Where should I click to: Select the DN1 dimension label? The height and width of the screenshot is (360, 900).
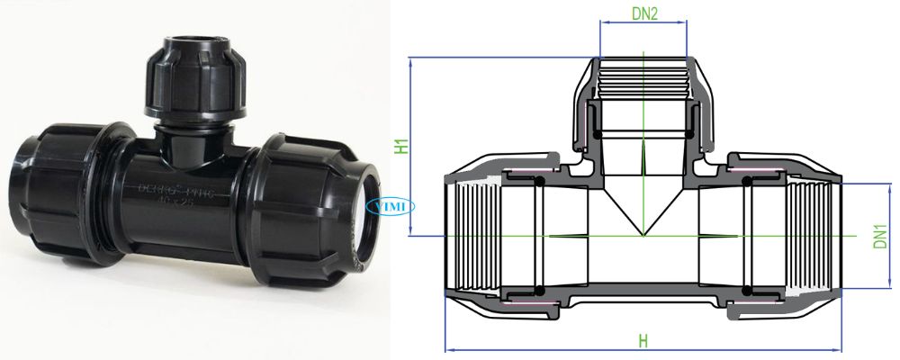click(x=879, y=236)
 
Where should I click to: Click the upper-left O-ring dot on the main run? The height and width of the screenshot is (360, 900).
click(x=538, y=183)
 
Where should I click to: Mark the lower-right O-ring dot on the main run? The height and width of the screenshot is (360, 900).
click(x=747, y=289)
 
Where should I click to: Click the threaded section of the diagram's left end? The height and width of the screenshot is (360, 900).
click(x=471, y=236)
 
